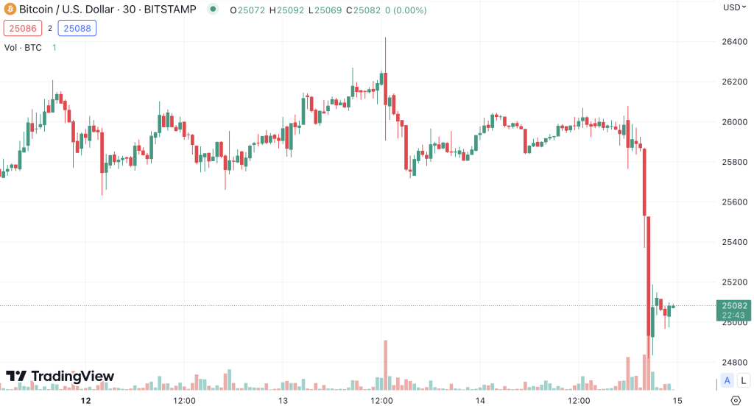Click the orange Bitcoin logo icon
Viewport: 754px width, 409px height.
click(10, 10)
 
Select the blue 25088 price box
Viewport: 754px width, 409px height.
click(78, 29)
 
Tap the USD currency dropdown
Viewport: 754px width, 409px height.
click(733, 7)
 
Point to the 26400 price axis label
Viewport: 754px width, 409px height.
click(735, 42)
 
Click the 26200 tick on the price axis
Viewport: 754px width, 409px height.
click(735, 82)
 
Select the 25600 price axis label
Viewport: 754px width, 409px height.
click(735, 202)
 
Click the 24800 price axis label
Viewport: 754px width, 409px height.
click(735, 363)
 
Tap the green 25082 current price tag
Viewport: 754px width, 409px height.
click(734, 310)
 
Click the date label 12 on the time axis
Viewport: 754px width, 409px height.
click(86, 401)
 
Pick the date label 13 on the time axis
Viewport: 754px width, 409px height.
click(283, 401)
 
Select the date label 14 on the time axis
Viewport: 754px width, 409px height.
click(480, 401)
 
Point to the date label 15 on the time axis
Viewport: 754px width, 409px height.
click(677, 401)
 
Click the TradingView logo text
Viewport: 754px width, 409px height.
click(60, 377)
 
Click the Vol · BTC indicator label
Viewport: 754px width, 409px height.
click(23, 47)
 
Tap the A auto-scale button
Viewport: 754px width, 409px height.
click(727, 380)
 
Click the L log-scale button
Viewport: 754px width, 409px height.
click(741, 380)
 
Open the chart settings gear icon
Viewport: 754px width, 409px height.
click(735, 400)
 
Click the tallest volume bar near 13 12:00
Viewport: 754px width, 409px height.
click(385, 365)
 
